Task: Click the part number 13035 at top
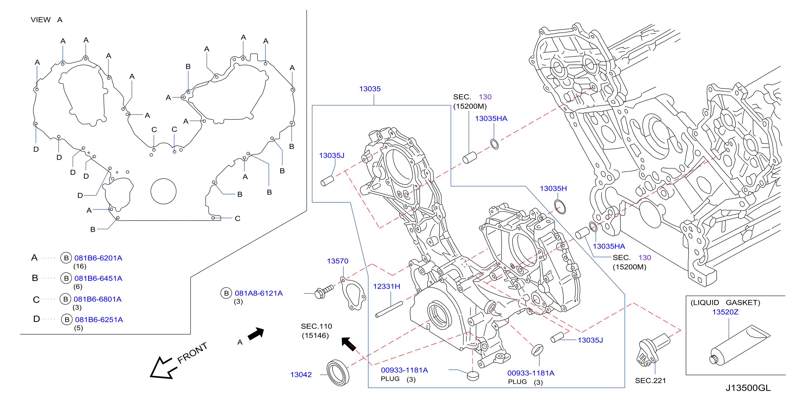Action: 370,89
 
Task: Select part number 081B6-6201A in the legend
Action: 98,258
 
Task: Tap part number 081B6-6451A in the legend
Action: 98,278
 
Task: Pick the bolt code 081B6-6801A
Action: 98,299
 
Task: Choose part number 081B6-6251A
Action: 99,320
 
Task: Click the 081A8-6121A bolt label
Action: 259,293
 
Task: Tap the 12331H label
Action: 386,286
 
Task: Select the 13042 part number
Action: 301,375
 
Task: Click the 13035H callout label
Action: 553,188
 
